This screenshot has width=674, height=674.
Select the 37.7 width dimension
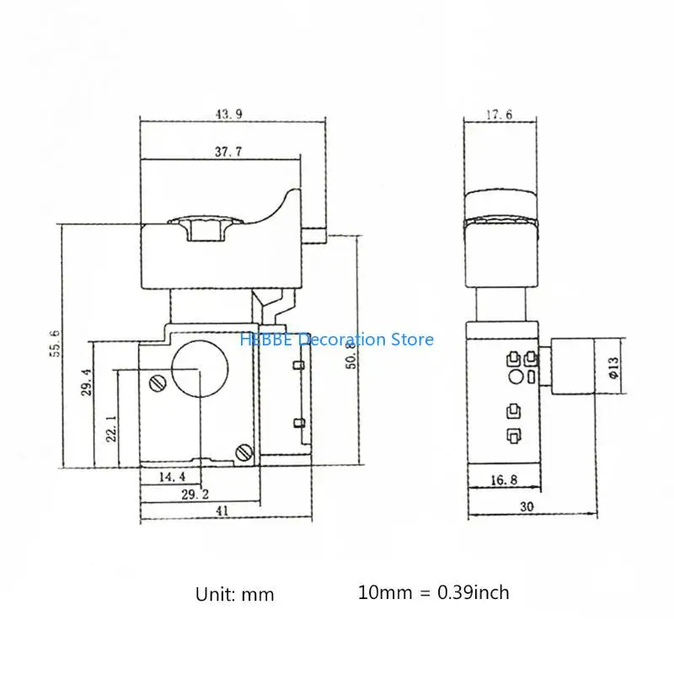click(x=222, y=152)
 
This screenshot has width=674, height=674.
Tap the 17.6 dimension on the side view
click(x=499, y=114)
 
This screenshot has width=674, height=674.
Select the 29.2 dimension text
click(x=195, y=496)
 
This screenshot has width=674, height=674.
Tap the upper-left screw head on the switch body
click(x=157, y=384)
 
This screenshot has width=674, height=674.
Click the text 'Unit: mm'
click(x=235, y=594)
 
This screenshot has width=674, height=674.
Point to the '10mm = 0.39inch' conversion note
click(x=433, y=592)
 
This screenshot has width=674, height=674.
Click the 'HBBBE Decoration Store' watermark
click(x=337, y=340)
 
